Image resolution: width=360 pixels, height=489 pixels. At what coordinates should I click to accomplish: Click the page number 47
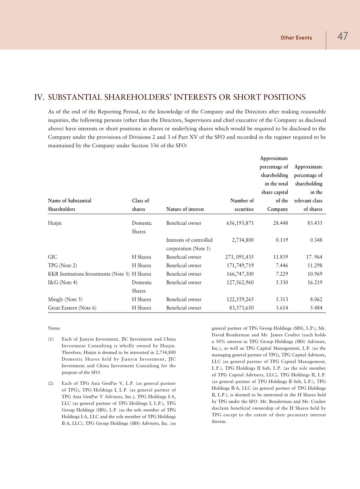pos(342,37)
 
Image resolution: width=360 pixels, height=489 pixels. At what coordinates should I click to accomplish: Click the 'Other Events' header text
pos(296,38)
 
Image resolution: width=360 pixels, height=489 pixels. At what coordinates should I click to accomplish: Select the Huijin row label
pos(55,223)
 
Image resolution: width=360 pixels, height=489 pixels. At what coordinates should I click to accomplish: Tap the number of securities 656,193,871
pos(240,223)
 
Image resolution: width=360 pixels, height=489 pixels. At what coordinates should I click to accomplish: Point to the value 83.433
pos(314,223)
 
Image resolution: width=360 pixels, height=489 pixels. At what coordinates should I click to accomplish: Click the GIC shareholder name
pos(53,257)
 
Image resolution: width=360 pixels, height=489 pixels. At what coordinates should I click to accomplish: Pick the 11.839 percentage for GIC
pos(280,257)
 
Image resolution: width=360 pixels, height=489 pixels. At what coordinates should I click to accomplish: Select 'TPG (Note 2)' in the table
pos(63,266)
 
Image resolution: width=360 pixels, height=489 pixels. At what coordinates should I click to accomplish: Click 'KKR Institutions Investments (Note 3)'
pos(89,274)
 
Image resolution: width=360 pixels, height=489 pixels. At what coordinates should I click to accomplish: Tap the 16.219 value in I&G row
pos(314,282)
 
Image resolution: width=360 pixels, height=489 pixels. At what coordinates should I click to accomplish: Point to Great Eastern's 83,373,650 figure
pos(241,308)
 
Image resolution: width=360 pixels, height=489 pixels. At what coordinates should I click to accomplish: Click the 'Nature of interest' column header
pos(185,209)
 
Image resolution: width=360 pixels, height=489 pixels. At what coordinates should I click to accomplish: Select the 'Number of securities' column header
pos(242,205)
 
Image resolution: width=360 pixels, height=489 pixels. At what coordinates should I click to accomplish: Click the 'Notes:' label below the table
pos(54,328)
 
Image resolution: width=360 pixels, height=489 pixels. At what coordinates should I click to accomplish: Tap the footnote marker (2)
pos(51,383)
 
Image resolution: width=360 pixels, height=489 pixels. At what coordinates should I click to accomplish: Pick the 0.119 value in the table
pos(282,240)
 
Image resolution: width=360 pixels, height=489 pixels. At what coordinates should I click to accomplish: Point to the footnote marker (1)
pos(51,339)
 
